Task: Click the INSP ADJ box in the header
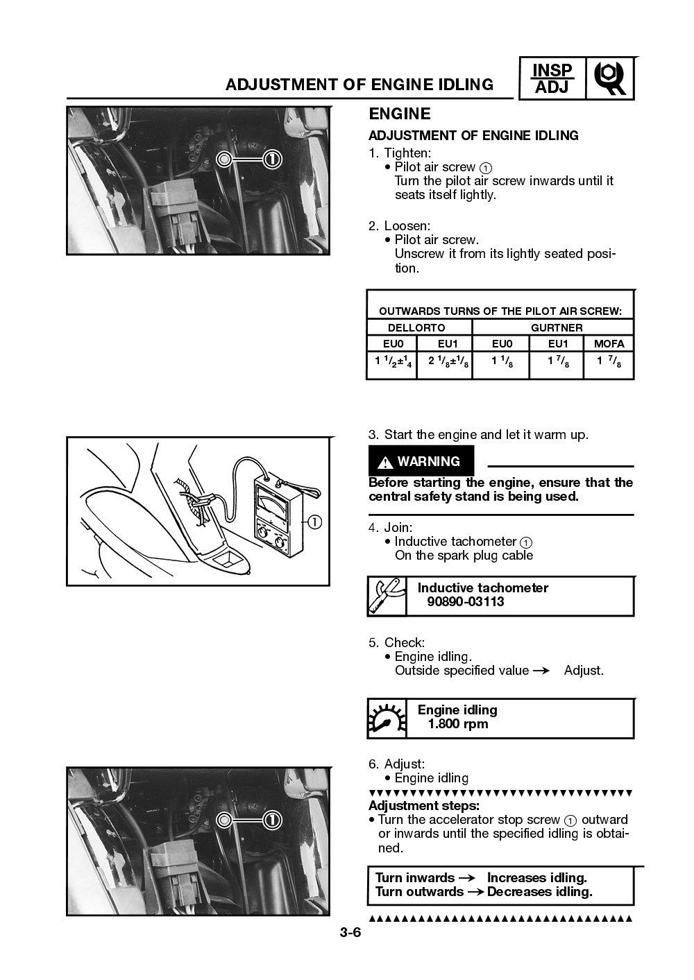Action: [552, 78]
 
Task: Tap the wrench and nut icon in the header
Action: [610, 78]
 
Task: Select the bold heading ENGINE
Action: [399, 114]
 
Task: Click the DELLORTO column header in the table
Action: [416, 327]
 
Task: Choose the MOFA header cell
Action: [609, 343]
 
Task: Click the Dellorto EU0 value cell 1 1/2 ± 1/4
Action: [392, 362]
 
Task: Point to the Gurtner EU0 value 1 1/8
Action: [501, 362]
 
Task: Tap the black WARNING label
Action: [421, 461]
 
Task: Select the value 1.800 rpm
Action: [457, 724]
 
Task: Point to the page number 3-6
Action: [350, 933]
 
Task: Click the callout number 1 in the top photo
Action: [273, 160]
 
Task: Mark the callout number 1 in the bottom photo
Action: [273, 820]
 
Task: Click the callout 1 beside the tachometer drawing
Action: [315, 522]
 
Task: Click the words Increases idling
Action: [536, 878]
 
